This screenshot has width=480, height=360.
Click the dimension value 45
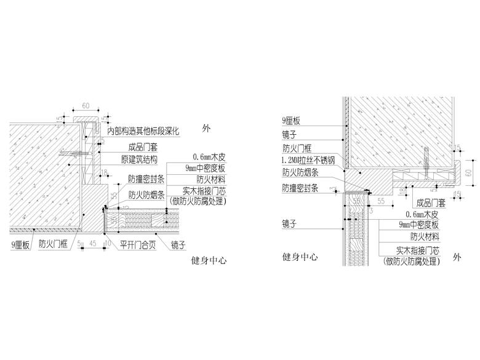click(93, 244)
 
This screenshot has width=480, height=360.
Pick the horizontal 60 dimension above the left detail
click(86, 106)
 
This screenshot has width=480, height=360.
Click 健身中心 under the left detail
click(209, 261)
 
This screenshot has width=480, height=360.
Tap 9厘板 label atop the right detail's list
click(291, 121)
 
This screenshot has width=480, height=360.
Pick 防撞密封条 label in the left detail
click(145, 179)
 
